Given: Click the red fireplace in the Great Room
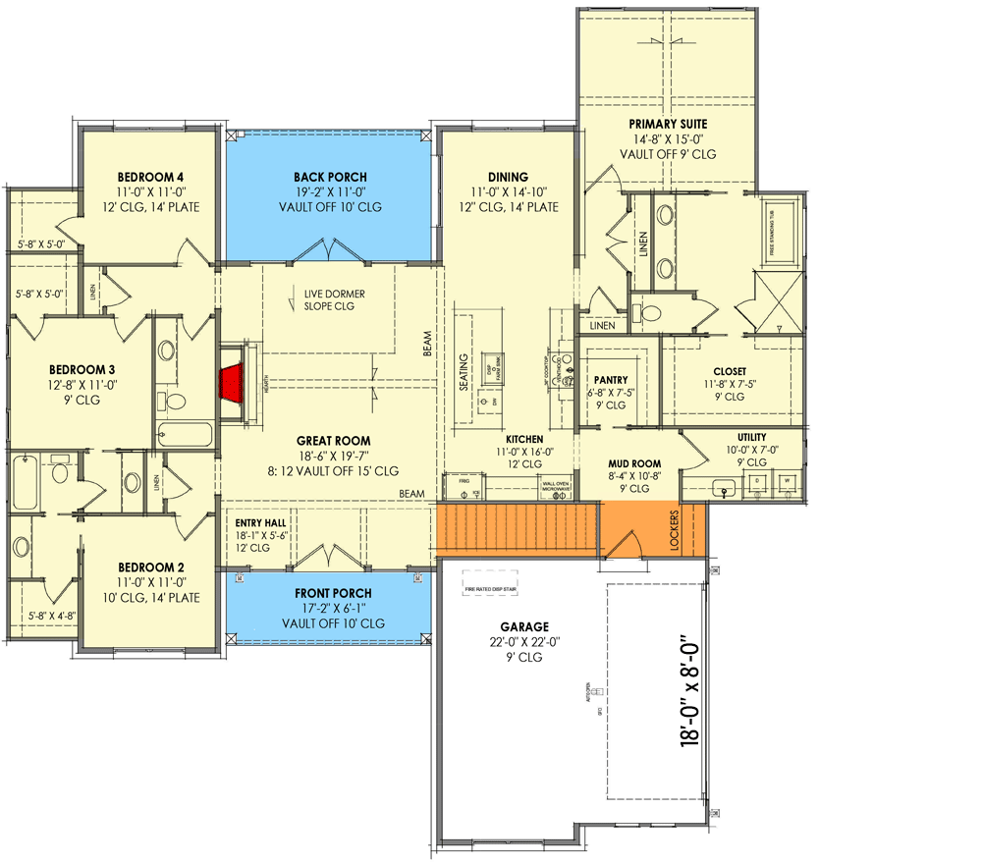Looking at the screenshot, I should pos(232,383).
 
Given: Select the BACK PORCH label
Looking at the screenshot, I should pos(329,178).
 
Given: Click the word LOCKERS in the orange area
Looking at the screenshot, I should pos(675,529).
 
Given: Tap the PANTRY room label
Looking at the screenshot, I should pos(610,380).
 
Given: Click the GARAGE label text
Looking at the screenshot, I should pos(522,626).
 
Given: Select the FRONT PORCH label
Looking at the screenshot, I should pos(333,593).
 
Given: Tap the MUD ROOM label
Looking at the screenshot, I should pos(634,463).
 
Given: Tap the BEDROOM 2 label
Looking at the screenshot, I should pos(151,567).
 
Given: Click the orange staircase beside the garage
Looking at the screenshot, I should pos(518,529).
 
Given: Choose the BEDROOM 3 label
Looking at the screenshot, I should pos(82,370).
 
